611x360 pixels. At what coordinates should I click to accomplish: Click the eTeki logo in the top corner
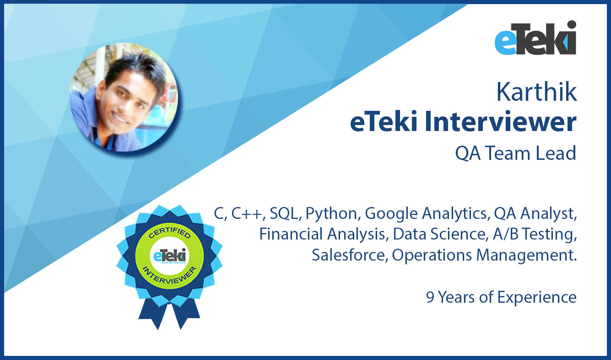[535, 38]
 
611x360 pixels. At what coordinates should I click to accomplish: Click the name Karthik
[536, 92]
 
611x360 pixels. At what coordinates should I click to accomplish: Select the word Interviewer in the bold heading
[500, 121]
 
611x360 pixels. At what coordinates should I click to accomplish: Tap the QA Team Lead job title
[515, 153]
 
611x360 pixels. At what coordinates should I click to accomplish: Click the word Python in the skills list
[331, 213]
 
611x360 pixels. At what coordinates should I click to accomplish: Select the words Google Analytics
[426, 213]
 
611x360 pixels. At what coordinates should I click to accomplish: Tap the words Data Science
[439, 234]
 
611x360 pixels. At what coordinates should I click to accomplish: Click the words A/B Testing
[535, 234]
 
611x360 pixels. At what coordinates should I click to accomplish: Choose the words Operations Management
[484, 255]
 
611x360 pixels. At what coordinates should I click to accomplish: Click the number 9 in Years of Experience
[430, 297]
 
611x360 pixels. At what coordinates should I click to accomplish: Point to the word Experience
[537, 297]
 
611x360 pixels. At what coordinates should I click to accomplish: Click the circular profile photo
[124, 97]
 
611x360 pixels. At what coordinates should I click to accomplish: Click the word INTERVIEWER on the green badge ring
[170, 276]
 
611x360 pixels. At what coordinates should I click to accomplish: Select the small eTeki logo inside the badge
[169, 256]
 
